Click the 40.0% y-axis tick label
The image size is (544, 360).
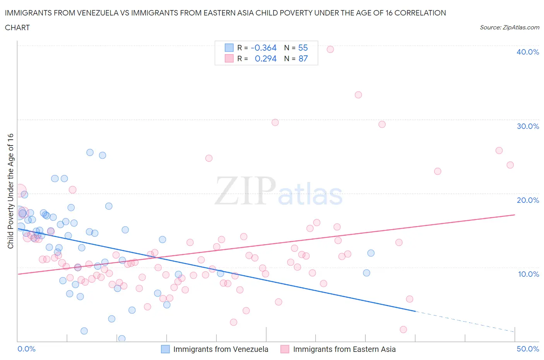(528, 52)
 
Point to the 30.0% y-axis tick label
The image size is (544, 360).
(528, 126)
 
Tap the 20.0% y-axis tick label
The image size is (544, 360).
(528, 200)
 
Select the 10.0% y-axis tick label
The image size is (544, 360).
(529, 274)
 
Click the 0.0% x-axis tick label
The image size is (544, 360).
(27, 349)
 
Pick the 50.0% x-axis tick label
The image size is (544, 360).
(528, 349)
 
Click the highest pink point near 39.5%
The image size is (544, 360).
(330, 49)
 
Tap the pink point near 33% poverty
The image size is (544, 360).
(358, 95)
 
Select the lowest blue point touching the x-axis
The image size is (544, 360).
(121, 339)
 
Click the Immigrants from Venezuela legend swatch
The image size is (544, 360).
(165, 349)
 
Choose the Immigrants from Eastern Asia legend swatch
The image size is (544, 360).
(285, 349)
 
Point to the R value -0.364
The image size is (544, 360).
(263, 48)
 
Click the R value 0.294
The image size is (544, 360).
(265, 58)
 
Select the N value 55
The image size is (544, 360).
(303, 48)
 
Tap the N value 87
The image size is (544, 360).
(303, 58)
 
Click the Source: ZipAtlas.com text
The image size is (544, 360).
(509, 27)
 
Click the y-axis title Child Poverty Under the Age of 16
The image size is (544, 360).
(10, 191)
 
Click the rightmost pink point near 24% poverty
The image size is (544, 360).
(510, 165)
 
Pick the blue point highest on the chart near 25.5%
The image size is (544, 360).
(90, 153)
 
